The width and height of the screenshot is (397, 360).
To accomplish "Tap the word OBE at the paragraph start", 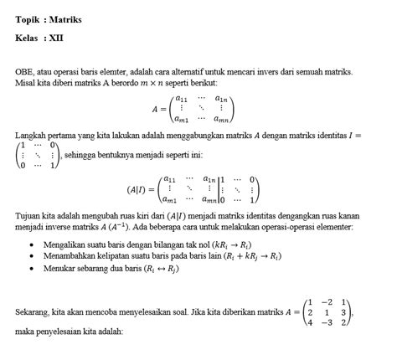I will tap(23, 75).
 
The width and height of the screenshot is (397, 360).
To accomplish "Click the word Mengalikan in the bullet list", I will tap(65, 241).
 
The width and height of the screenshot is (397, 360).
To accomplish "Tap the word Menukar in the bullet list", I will tap(60, 268).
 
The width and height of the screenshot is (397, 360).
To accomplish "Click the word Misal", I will tap(25, 85).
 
